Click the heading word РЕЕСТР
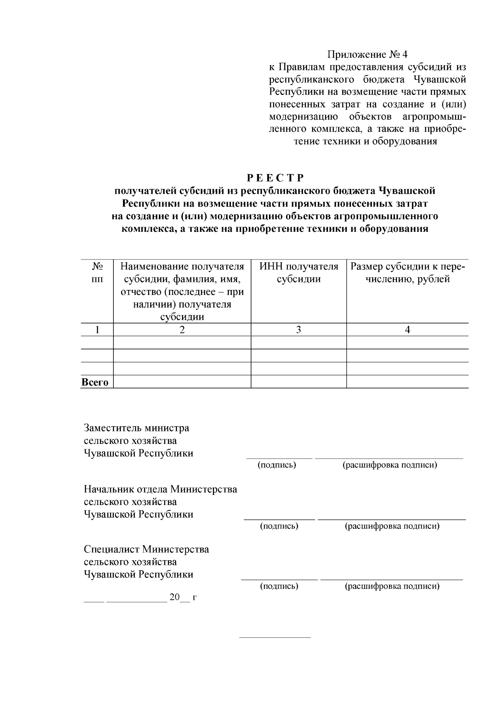[x=275, y=178]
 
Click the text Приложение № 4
[x=367, y=54]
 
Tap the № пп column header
[x=97, y=273]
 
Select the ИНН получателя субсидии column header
[x=299, y=273]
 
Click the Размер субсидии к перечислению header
[x=407, y=273]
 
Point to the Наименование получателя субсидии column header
[x=182, y=291]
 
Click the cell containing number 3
[x=299, y=330]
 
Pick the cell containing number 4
[x=407, y=330]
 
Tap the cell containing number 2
[x=182, y=330]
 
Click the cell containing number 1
[x=97, y=330]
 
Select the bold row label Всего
[x=95, y=382]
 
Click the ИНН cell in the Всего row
[x=299, y=382]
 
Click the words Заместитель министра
[x=136, y=428]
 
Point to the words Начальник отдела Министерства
[x=160, y=489]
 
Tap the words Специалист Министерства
[x=146, y=549]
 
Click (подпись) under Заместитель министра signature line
[x=277, y=465]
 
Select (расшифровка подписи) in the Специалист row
[x=392, y=586]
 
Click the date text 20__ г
[x=183, y=597]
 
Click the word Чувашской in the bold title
[x=407, y=191]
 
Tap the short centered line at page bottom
[x=275, y=638]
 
